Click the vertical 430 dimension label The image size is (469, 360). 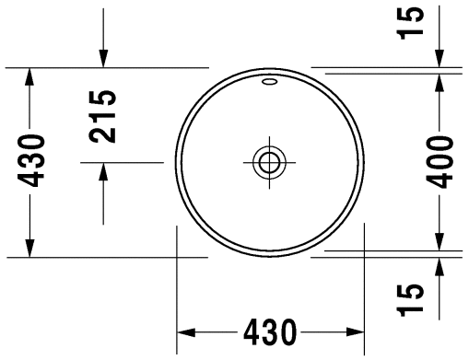(x=30, y=160)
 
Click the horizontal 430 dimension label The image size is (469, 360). (x=270, y=332)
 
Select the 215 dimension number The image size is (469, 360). (x=102, y=117)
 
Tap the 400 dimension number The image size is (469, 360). (x=440, y=162)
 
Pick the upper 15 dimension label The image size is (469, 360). (x=411, y=23)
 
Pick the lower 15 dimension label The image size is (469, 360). (x=411, y=300)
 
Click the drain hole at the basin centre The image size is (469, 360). (x=269, y=162)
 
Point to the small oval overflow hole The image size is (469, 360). (x=269, y=82)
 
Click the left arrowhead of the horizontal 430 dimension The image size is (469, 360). (x=186, y=332)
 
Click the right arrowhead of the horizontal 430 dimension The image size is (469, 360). (x=355, y=332)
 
